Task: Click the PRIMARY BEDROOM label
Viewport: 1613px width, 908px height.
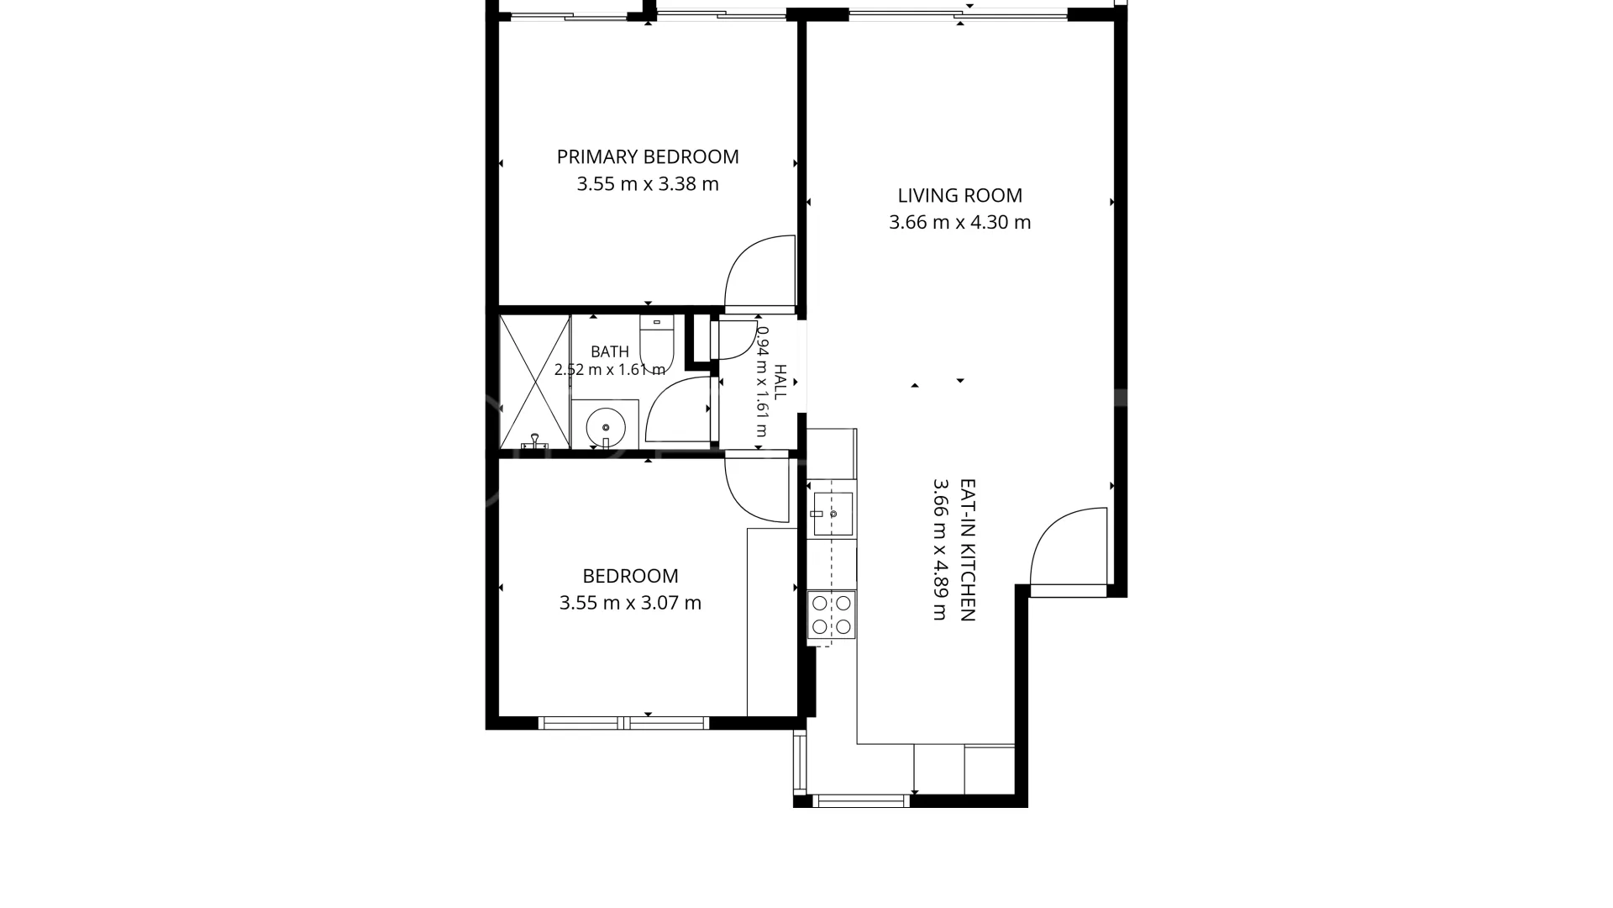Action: point(648,156)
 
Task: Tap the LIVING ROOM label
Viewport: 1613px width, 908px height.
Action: point(960,195)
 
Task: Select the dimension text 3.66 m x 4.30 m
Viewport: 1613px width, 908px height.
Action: point(960,222)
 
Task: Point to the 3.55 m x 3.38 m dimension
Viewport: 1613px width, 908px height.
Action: point(648,183)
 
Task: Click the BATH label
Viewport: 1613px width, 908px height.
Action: point(610,351)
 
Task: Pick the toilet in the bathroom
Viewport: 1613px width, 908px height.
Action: point(657,338)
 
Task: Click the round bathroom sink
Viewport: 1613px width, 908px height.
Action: point(605,427)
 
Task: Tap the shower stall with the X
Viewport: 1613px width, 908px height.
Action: point(535,381)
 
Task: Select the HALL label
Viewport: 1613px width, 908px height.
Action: point(780,382)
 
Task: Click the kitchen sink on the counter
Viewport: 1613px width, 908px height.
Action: point(833,514)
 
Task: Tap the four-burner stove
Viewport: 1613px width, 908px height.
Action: point(832,615)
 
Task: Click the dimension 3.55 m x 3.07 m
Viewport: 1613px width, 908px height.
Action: point(630,603)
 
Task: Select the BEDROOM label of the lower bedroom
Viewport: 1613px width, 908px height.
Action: point(630,576)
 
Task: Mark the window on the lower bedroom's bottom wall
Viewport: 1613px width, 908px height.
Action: point(623,723)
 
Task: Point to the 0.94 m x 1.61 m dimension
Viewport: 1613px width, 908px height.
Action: point(762,382)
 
